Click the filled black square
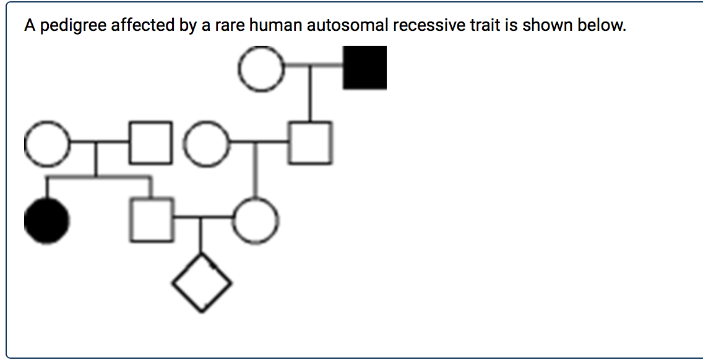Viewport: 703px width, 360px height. click(365, 67)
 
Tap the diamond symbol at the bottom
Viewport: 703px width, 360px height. click(202, 284)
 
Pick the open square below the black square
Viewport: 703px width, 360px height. click(310, 143)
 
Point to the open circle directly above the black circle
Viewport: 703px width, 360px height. click(46, 144)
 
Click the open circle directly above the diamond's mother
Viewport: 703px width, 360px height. click(209, 145)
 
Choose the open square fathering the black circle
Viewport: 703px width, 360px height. click(151, 144)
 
